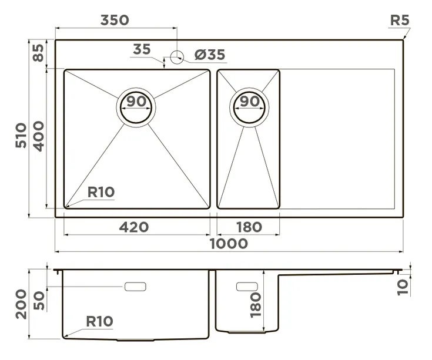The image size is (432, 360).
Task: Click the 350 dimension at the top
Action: pyautogui.click(x=115, y=20)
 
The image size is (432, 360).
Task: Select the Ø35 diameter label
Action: pyautogui.click(x=209, y=55)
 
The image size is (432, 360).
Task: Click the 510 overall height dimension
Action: pyautogui.click(x=21, y=135)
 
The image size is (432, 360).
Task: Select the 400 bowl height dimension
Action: pyautogui.click(x=39, y=136)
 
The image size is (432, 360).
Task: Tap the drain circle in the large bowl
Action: pyautogui.click(x=136, y=106)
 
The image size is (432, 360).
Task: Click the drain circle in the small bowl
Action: pyautogui.click(x=250, y=106)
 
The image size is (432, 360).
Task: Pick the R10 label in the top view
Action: pyautogui.click(x=101, y=191)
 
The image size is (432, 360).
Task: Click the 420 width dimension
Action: pyautogui.click(x=135, y=227)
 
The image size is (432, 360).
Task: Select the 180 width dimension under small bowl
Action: pyautogui.click(x=248, y=227)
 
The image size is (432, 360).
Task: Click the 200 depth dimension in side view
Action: pyautogui.click(x=21, y=304)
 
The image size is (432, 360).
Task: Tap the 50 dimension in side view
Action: pyautogui.click(x=39, y=301)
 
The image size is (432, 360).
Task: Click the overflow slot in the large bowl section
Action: pyautogui.click(x=136, y=287)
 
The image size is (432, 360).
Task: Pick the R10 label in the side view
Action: pyautogui.click(x=99, y=321)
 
